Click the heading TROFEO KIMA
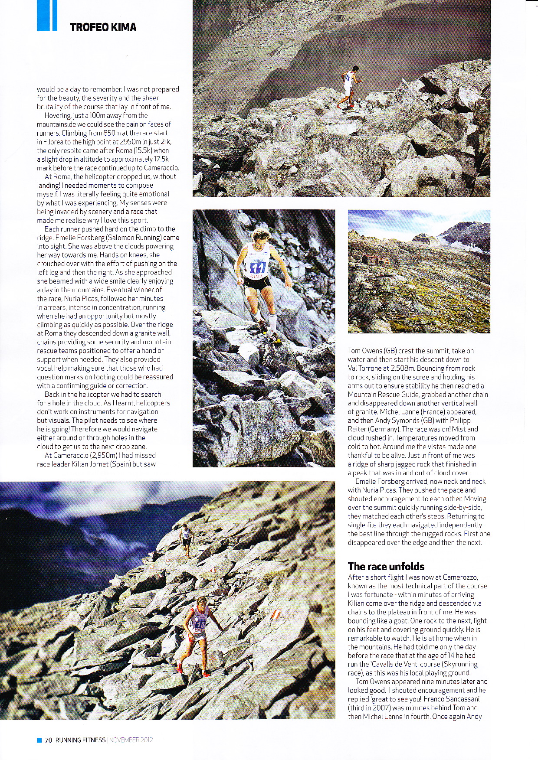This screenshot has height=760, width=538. pos(103,27)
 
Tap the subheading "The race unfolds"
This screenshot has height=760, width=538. pos(386,566)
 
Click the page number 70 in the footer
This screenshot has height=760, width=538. pos(48,740)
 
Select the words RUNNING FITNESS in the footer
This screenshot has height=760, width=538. pos(80,740)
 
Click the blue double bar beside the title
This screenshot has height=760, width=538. pos(47,16)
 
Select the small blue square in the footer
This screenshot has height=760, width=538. pos(39,740)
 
